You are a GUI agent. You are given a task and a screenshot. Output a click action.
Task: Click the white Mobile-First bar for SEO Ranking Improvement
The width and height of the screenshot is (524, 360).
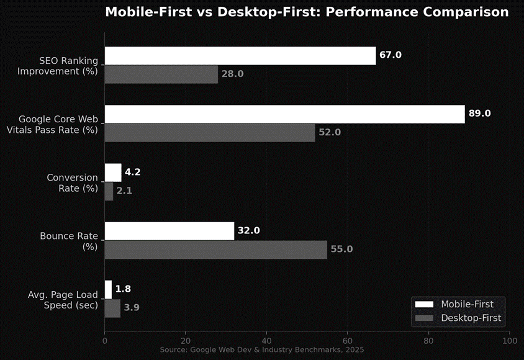(240, 55)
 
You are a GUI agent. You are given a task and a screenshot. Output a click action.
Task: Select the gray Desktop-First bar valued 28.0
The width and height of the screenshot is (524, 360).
(161, 74)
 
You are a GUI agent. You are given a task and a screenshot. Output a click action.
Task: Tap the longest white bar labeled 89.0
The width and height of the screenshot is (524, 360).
(284, 114)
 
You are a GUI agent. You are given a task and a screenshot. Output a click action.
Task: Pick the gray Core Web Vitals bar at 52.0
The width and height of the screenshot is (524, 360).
(209, 133)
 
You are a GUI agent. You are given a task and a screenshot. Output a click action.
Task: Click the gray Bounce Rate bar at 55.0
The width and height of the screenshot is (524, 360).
(215, 250)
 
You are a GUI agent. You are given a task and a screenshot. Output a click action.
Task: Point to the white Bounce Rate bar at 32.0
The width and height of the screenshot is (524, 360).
(169, 230)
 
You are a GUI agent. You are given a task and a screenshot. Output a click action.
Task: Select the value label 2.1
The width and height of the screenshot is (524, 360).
(124, 191)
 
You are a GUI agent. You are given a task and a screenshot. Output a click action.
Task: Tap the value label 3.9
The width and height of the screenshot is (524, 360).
(131, 308)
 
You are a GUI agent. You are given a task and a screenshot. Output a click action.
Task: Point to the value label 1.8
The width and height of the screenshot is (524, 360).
(122, 289)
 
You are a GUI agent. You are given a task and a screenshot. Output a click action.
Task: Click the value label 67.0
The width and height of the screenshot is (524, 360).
(391, 55)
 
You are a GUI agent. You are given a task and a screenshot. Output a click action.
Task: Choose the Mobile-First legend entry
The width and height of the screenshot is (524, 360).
(458, 304)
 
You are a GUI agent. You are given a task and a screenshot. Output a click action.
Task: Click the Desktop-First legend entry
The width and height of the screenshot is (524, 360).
(458, 318)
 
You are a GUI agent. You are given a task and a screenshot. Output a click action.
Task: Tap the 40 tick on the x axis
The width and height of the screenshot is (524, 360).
(266, 341)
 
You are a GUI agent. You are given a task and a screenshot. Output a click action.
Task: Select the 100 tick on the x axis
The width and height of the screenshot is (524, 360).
(509, 341)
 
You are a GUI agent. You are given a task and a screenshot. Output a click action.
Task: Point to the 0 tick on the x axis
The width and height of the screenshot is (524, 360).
(104, 341)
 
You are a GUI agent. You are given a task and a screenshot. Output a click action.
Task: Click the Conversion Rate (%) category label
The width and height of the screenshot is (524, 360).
(72, 182)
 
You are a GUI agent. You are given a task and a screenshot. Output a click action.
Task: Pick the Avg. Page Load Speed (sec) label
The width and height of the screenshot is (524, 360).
(61, 299)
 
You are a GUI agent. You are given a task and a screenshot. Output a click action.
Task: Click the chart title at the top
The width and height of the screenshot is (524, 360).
(306, 12)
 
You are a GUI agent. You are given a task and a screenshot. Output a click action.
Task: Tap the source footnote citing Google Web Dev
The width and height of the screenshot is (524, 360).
(261, 351)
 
